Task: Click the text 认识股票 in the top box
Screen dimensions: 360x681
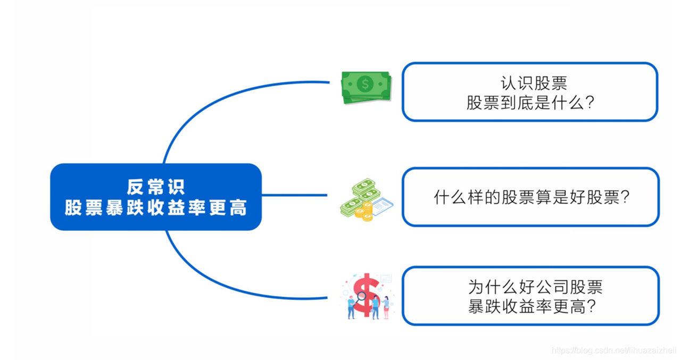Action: pos(534,83)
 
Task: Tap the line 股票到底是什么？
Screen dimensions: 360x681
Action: pos(530,102)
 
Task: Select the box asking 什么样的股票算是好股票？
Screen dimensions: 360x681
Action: pos(530,197)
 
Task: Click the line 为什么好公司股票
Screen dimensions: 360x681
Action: pos(535,287)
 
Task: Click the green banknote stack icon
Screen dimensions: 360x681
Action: pos(366,87)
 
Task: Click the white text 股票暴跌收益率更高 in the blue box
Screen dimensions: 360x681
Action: pos(156,207)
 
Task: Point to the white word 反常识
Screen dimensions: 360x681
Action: pos(155,187)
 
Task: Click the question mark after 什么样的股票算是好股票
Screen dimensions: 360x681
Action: pos(625,198)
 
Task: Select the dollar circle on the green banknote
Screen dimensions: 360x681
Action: pos(365,83)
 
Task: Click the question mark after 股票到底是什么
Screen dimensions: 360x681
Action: pos(589,103)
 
